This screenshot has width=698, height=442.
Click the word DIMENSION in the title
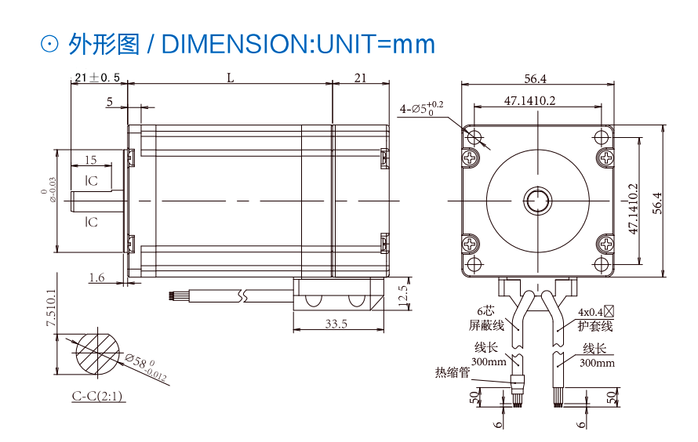[x=238, y=44]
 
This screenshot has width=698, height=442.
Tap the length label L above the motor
[x=230, y=78]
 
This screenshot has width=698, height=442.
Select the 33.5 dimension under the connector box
[x=336, y=324]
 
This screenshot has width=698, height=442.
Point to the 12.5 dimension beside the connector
[x=403, y=295]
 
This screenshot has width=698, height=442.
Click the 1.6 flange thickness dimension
[x=96, y=278]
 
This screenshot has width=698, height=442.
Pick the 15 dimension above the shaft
[x=90, y=160]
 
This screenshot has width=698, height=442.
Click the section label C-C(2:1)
[x=97, y=395]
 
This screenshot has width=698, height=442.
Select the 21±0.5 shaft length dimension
[x=97, y=78]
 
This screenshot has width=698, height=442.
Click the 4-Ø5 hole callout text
[x=421, y=108]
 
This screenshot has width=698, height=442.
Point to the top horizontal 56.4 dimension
[x=535, y=78]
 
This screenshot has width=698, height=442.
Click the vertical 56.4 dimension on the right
[x=657, y=203]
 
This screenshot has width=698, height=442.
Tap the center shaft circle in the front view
[x=538, y=201]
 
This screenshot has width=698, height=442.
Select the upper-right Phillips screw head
[x=605, y=157]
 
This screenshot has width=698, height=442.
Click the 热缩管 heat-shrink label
[x=453, y=372]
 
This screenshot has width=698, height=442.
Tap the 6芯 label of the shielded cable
[x=485, y=311]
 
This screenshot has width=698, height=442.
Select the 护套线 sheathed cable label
[x=595, y=326]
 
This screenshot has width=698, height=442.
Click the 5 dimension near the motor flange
[x=110, y=102]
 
